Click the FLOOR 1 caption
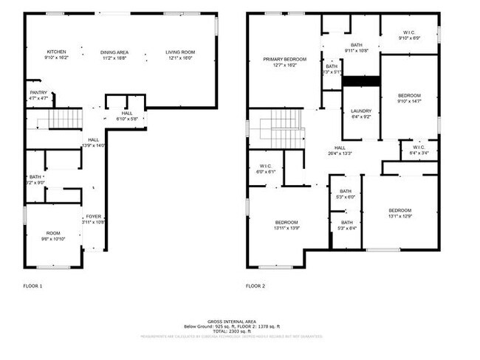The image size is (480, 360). click(x=33, y=285)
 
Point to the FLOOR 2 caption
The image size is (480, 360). click(x=256, y=285)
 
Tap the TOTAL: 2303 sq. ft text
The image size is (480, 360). click(x=231, y=332)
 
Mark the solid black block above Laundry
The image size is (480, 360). click(x=361, y=81)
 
